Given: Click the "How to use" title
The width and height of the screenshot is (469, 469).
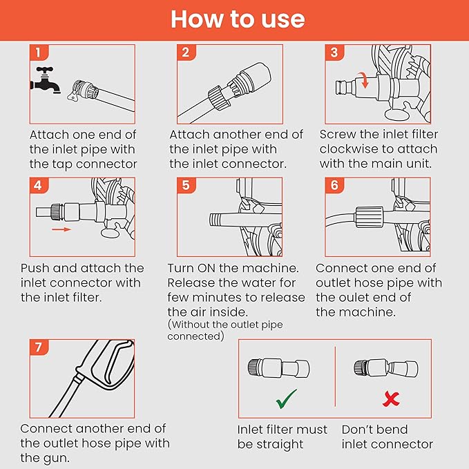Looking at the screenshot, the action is [238, 19].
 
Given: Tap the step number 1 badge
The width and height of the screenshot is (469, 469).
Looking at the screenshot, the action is [39, 52].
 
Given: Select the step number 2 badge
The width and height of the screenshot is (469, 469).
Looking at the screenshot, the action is [186, 52].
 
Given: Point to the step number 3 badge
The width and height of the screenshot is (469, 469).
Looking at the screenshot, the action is [334, 52].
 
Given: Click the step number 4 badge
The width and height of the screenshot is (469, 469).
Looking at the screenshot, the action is [39, 185].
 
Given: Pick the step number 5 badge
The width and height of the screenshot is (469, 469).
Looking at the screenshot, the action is [186, 185].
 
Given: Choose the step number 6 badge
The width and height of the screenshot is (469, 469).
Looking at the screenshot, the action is [334, 185].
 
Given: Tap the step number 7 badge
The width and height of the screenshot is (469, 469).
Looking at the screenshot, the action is [39, 347].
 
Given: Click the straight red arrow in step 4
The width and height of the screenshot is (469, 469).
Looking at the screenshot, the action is [61, 229].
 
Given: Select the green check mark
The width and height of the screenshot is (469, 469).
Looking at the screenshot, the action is [287, 399].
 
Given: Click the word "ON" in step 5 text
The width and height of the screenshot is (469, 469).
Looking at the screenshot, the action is [206, 268].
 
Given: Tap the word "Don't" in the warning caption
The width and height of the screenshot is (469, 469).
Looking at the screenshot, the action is [357, 430].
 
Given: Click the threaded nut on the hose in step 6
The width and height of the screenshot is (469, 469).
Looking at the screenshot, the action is [369, 217].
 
